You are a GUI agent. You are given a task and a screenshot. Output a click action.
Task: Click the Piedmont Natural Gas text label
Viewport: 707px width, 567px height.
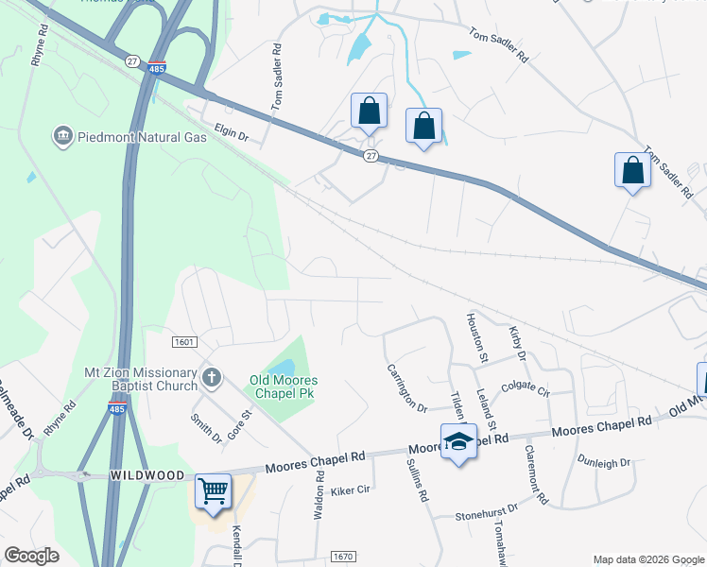pyautogui.click(x=142, y=137)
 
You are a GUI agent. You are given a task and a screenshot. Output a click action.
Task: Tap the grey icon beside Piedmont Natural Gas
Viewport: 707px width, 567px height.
pyautogui.click(x=63, y=137)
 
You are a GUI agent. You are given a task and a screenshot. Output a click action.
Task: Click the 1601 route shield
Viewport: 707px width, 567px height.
pyautogui.click(x=183, y=341)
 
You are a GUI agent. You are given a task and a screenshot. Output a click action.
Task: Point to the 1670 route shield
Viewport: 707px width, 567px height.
pyautogui.click(x=342, y=558)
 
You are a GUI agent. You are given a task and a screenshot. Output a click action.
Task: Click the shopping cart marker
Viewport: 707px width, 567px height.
pyautogui.click(x=214, y=491)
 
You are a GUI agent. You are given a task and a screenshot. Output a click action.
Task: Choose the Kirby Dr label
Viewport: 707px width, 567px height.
pyautogui.click(x=517, y=343)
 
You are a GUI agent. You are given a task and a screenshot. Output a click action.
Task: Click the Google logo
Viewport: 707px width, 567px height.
pyautogui.click(x=32, y=556)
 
